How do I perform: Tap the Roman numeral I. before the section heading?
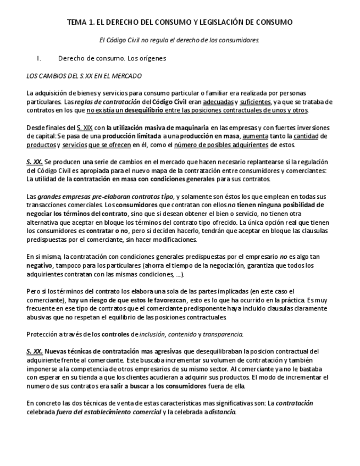pos(39,58)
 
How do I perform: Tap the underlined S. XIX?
pos(84,128)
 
